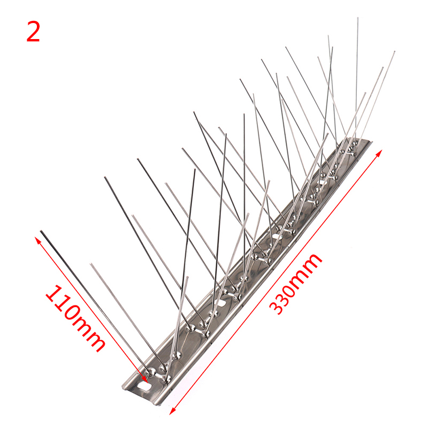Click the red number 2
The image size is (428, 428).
pyautogui.click(x=33, y=32)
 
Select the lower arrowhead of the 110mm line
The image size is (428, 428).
pyautogui.click(x=144, y=380)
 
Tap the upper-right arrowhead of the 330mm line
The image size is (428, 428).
pyautogui.click(x=379, y=153)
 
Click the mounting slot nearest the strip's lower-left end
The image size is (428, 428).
pyautogui.click(x=145, y=386)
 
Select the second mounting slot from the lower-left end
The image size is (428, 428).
pyautogui.click(x=220, y=303)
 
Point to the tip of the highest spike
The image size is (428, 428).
pyautogui.click(x=358, y=18)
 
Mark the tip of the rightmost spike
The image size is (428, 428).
pyautogui.click(x=394, y=51)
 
